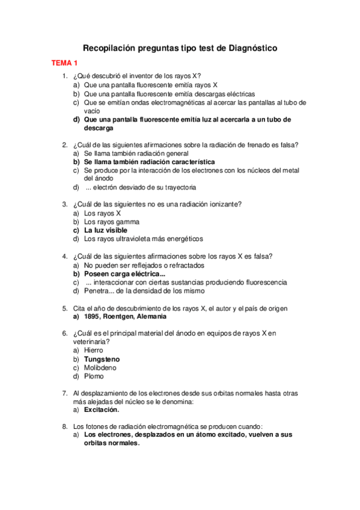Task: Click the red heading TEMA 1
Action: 64,63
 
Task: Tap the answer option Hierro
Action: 94,350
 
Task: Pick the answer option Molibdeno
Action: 100,367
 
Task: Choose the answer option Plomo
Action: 94,376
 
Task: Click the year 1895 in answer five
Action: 92,316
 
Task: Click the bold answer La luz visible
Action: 106,230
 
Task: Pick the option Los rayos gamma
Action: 112,221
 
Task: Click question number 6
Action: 64,333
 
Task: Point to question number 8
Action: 64,426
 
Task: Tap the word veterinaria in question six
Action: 91,341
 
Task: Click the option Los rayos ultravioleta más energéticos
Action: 144,239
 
